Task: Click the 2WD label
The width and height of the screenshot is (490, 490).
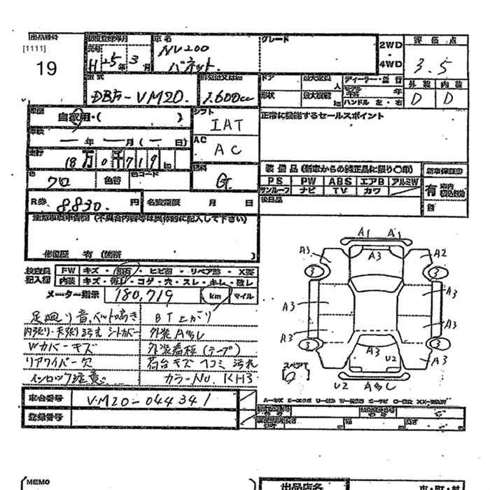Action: coord(390,44)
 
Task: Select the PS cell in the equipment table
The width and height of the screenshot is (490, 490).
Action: coord(273,180)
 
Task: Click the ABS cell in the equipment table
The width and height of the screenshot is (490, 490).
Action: coord(339,180)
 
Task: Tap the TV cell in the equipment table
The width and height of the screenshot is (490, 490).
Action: coord(339,190)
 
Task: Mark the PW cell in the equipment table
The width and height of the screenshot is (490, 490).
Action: coord(307,180)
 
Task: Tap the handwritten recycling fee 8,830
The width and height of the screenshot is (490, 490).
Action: coord(83,204)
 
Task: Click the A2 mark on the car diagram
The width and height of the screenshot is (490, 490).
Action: coord(440,253)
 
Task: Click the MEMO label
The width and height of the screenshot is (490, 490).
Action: coord(38,482)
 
